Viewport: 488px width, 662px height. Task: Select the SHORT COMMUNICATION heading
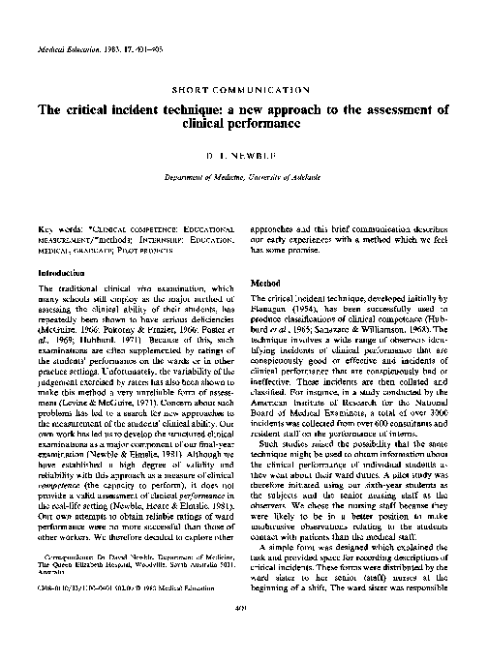coord(243,88)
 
